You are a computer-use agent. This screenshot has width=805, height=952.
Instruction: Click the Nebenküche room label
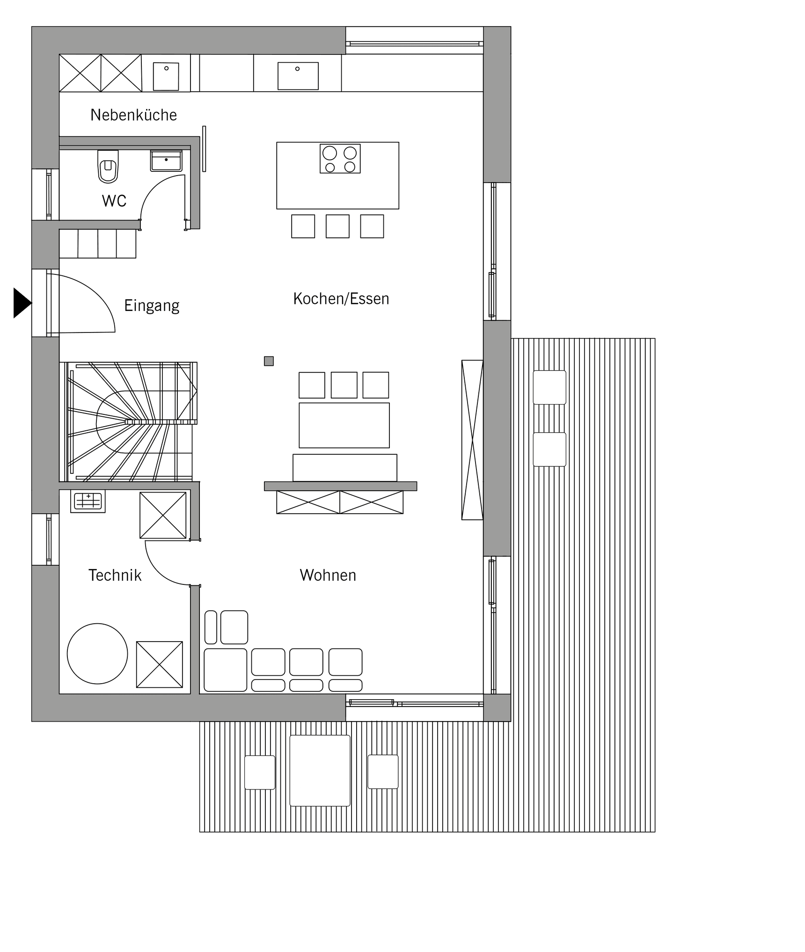click(x=133, y=115)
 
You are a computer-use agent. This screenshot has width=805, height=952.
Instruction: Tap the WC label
click(x=114, y=201)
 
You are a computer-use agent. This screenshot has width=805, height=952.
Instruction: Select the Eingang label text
click(x=152, y=305)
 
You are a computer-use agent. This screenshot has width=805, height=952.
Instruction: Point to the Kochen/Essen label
click(x=341, y=299)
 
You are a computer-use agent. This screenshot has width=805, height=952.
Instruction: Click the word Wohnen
click(x=328, y=575)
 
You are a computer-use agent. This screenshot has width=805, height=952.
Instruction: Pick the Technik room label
click(x=115, y=575)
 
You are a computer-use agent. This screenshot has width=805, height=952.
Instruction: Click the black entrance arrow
click(x=22, y=303)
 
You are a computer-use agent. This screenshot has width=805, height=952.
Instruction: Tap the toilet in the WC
click(x=108, y=166)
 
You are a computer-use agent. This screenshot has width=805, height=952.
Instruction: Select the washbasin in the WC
click(x=166, y=161)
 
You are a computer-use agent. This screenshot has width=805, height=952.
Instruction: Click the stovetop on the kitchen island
click(x=340, y=159)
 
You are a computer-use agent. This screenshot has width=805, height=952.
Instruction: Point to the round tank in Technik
click(x=97, y=654)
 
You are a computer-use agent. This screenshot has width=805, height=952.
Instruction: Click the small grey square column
click(x=269, y=361)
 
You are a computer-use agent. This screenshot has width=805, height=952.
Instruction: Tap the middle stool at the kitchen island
click(x=337, y=226)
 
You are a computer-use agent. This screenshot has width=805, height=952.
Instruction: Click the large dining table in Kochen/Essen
click(x=344, y=425)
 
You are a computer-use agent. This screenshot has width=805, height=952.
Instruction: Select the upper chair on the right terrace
click(x=549, y=387)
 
